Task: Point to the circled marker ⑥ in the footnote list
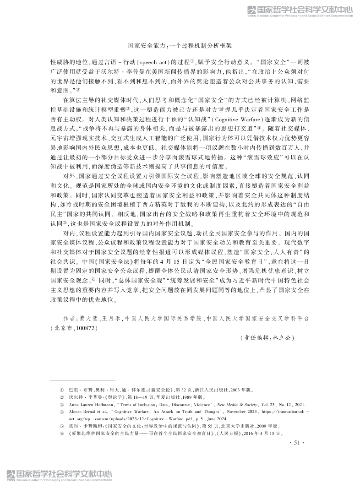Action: click(62, 432)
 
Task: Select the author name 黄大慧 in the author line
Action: click(88, 318)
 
